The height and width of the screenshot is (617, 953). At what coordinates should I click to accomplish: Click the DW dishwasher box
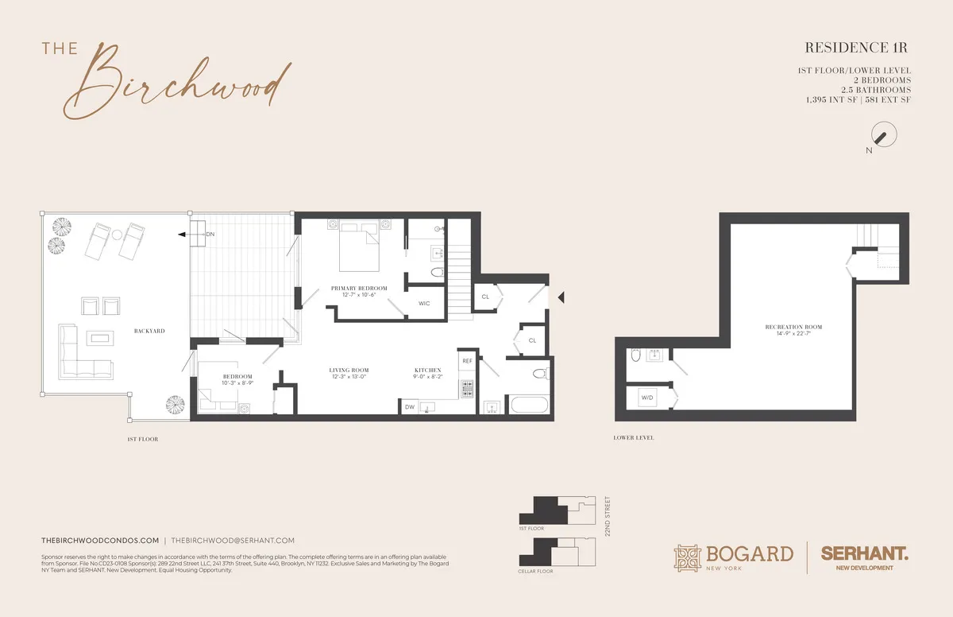point(410,406)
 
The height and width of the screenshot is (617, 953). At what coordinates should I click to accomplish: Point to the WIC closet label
point(423,303)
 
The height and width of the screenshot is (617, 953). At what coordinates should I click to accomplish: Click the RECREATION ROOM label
point(793,327)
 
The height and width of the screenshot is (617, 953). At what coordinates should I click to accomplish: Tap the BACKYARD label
point(149,330)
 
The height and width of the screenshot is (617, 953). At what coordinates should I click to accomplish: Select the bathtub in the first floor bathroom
point(529,405)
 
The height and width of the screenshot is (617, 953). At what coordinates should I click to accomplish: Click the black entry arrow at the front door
point(561,297)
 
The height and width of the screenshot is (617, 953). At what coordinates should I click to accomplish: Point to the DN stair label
point(210,235)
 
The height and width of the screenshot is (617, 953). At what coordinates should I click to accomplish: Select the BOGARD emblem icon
point(688,557)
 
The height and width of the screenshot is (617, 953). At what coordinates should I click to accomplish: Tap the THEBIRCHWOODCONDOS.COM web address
point(100,540)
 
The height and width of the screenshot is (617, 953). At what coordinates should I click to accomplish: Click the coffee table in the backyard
point(101,339)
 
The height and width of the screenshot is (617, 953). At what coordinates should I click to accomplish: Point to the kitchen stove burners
point(466,390)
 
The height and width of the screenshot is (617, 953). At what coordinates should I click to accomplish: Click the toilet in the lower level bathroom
point(633,358)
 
